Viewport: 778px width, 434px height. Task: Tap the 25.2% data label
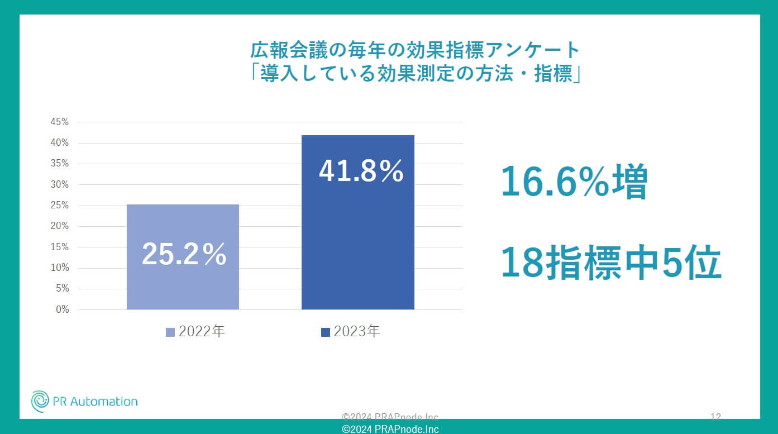tap(184, 255)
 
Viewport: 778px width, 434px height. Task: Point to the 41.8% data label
tap(361, 172)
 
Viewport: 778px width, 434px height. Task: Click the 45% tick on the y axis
tap(59, 122)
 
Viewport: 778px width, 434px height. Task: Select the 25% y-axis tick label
tap(59, 205)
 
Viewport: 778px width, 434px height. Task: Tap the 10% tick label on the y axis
tap(59, 268)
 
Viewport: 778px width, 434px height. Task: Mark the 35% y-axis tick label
tap(59, 164)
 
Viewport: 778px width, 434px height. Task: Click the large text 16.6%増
tap(574, 183)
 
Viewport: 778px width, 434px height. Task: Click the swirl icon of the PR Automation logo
tap(40, 401)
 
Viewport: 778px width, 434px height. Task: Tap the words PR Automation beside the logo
tap(94, 402)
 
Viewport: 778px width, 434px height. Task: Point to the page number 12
tap(715, 417)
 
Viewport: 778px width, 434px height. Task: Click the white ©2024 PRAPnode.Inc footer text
tap(390, 429)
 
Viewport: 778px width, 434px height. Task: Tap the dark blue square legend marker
tap(326, 332)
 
